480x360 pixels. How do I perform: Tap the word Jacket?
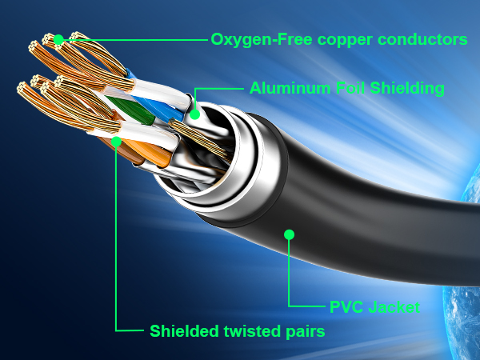point(394,306)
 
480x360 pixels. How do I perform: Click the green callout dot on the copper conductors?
point(58,38)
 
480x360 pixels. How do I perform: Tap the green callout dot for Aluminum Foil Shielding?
point(194,114)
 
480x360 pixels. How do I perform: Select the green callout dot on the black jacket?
point(290,234)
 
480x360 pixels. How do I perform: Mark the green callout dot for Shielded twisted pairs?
point(118,142)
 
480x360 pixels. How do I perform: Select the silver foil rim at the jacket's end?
point(240,172)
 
